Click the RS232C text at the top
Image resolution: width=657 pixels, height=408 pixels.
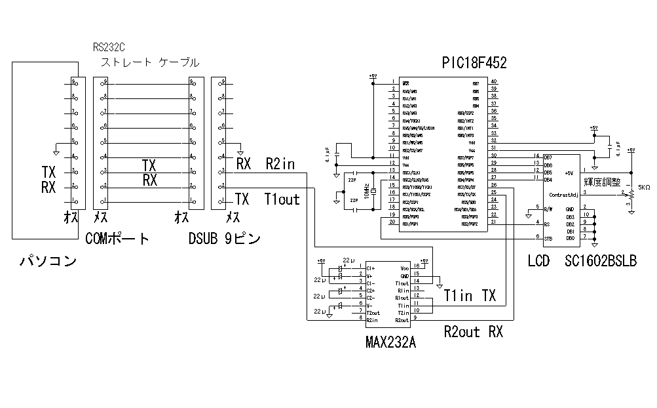(x=109, y=47)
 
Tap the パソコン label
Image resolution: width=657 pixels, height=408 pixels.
(x=47, y=262)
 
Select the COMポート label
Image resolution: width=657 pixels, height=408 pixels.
(x=117, y=239)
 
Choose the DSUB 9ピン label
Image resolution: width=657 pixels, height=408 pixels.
(x=224, y=239)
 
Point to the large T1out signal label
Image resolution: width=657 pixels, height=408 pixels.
(x=282, y=199)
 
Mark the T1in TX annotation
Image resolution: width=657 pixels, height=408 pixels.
(x=470, y=295)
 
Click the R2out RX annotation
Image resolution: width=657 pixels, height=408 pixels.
(x=473, y=332)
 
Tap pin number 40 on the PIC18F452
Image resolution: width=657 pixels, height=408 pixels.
(x=493, y=82)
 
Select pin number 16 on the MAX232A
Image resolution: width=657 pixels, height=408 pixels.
(x=416, y=266)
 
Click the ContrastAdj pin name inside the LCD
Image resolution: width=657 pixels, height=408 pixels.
(x=563, y=195)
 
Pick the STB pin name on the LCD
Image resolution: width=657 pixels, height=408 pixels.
(x=548, y=237)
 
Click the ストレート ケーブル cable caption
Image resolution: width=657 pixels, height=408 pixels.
(x=150, y=63)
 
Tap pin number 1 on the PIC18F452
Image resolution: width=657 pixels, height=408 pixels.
(x=392, y=82)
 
